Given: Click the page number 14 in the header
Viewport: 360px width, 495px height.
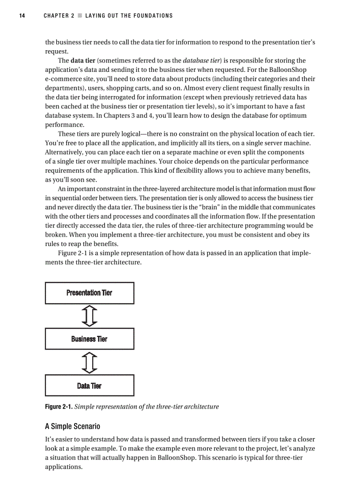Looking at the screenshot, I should (21, 16).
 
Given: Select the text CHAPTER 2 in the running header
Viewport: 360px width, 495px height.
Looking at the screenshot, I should (59, 16).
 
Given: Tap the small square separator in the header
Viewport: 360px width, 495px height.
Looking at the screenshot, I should (79, 16).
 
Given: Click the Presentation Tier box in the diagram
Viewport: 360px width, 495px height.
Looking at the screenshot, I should (90, 293).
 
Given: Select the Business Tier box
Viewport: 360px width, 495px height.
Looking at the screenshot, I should (90, 339).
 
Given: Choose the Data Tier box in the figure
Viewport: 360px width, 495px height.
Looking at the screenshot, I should (90, 386).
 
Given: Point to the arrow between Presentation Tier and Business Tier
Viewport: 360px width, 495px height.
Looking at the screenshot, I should (90, 316).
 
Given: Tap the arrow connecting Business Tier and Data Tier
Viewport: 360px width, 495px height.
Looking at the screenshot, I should (90, 362).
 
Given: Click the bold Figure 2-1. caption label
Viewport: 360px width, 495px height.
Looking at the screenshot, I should (59, 406).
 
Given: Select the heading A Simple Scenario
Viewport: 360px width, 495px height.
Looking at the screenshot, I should (72, 426).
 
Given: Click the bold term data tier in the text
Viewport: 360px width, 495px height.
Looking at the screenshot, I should (83, 60).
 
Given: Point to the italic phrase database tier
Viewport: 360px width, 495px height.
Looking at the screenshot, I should (201, 60).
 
